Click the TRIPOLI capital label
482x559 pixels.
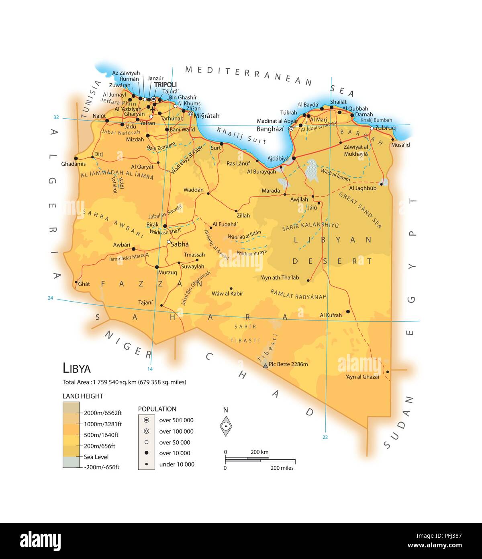165,84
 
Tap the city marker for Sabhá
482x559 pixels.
169,242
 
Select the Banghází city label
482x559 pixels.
270,129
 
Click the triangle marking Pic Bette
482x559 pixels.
265,366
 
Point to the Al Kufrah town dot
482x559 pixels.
348,311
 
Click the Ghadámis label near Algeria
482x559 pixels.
74,164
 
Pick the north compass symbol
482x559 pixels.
226,426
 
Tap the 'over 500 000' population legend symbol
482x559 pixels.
147,420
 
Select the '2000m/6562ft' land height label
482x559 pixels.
103,413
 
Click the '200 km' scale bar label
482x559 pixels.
259,452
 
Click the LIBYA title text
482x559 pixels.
77,368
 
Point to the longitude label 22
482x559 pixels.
325,437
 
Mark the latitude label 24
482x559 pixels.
50,298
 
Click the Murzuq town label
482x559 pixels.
167,272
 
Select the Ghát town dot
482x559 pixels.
76,282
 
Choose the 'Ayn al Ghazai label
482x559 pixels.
362,377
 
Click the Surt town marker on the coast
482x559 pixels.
221,144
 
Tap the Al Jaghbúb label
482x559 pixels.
363,188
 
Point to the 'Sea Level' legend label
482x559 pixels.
96,457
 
